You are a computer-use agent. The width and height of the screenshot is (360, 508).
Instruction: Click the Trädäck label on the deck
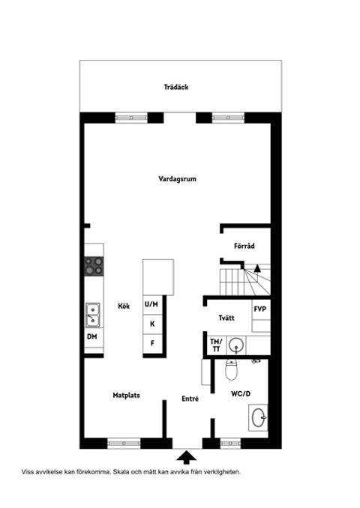coord(176,87)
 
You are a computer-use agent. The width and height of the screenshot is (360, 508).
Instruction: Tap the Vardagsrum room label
coord(178,179)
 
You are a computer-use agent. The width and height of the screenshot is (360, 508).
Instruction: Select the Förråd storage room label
coord(244,246)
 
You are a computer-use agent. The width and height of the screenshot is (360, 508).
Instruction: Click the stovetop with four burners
coord(94,266)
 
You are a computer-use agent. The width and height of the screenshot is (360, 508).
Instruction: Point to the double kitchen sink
coord(93,315)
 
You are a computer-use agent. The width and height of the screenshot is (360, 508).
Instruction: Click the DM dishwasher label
coord(92,336)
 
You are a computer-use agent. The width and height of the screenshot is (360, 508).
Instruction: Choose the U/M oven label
coord(151,304)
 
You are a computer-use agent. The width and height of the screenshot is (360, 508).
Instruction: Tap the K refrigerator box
coord(153,324)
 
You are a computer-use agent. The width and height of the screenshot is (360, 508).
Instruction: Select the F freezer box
coord(153,343)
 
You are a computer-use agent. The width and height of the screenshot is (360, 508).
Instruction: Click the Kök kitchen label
coord(124,306)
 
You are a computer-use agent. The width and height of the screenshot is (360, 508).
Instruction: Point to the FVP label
coord(260,309)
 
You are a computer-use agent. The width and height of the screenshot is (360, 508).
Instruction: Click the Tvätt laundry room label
coord(226,318)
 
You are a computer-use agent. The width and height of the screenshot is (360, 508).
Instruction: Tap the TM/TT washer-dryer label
coord(216,345)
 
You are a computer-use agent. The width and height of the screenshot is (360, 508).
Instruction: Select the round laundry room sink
coord(235,345)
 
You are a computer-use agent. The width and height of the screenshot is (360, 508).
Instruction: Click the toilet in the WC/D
coord(232,369)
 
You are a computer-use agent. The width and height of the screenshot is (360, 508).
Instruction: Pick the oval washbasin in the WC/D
coord(259,417)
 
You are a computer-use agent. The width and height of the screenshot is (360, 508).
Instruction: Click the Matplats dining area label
coord(127,396)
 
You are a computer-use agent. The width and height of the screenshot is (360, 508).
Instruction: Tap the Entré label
coord(190,399)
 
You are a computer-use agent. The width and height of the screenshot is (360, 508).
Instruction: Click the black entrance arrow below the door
coord(187,457)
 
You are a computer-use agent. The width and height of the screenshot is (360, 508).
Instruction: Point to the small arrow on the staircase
coord(257,268)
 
